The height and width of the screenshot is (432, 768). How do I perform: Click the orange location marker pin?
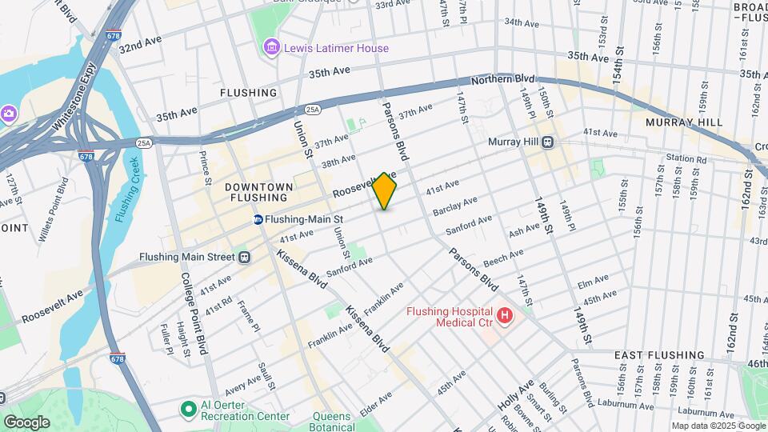coord(385,190)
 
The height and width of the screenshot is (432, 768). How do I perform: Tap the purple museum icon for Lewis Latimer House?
coord(273,48)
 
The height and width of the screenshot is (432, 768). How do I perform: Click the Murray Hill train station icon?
coord(548,142)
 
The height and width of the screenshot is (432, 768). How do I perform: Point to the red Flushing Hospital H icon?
coord(504,316)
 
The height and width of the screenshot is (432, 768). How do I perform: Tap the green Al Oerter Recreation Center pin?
coord(188,410)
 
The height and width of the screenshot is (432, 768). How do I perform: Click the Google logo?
coord(26,422)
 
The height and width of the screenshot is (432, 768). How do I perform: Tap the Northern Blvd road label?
coord(502,80)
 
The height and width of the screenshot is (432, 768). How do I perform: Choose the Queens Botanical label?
coord(331,422)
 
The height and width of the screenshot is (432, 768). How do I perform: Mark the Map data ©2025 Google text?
coord(718,426)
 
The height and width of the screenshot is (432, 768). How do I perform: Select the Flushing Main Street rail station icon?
coord(244,257)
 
